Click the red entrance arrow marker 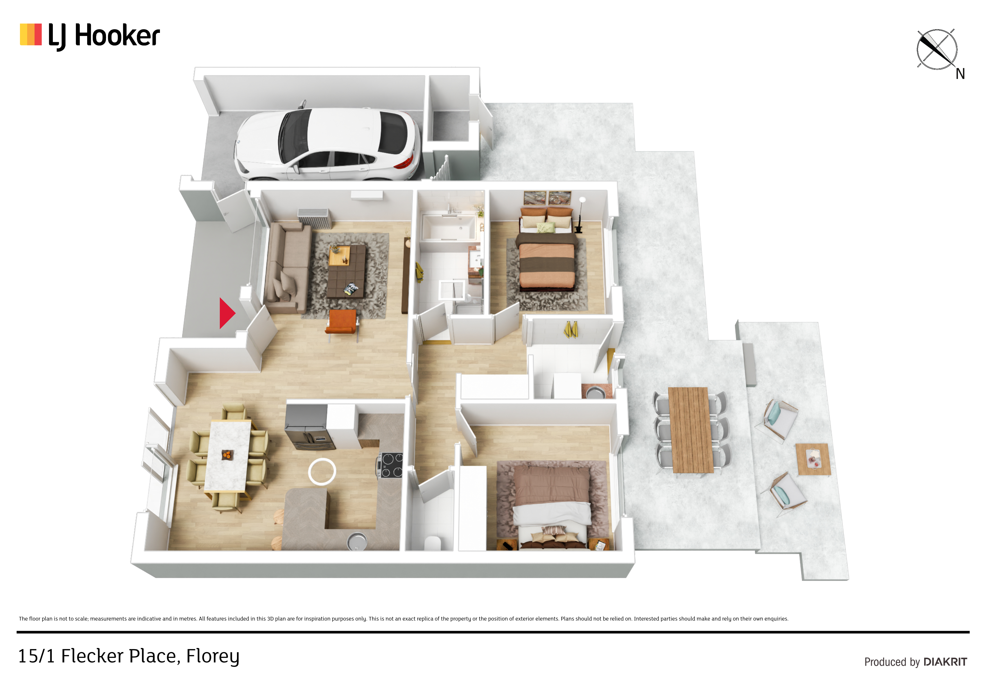[226, 313]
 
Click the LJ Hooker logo [90, 36]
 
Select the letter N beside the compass [960, 74]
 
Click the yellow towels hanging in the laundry [571, 329]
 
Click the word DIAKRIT [945, 662]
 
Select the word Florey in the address [212, 657]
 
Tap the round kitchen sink [357, 541]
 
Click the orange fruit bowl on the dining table [227, 454]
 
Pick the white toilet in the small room [433, 543]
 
